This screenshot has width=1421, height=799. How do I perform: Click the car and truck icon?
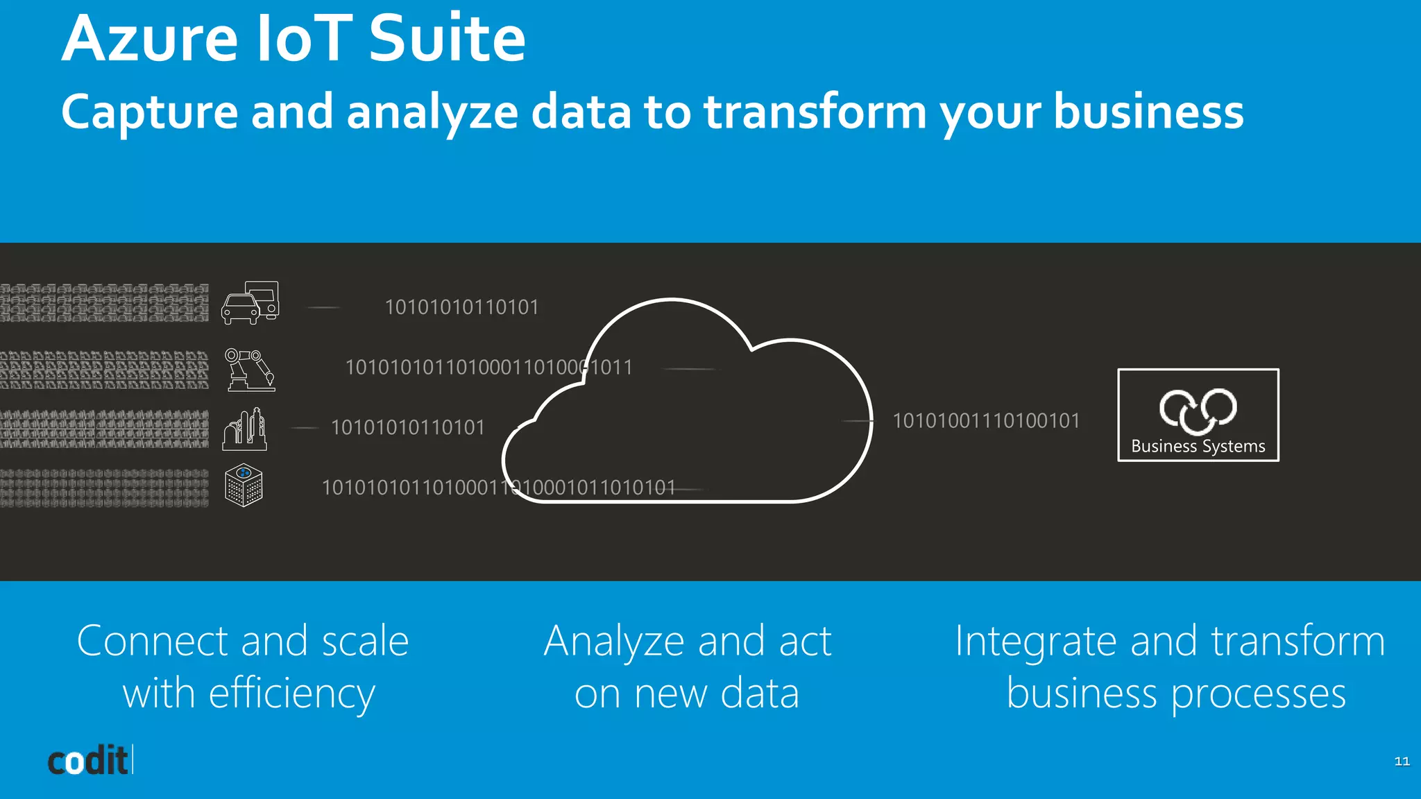(x=250, y=302)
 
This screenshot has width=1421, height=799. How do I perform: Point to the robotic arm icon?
(x=250, y=370)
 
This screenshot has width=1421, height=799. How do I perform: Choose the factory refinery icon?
(x=245, y=429)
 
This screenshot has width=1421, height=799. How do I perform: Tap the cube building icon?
(x=244, y=485)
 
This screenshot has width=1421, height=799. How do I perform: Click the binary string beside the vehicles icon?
(x=461, y=307)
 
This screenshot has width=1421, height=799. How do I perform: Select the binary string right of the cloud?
(x=986, y=421)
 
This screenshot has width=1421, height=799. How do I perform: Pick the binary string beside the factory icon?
(x=408, y=427)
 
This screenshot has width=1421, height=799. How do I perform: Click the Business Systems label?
(x=1198, y=446)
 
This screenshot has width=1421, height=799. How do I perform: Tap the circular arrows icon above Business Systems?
(x=1198, y=410)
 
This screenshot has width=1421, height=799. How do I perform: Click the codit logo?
(x=89, y=761)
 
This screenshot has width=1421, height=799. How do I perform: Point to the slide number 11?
(x=1402, y=762)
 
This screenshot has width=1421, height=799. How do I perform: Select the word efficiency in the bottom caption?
(x=291, y=694)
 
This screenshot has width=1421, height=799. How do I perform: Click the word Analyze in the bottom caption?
(x=614, y=642)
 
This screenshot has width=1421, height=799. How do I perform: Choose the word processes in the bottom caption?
(x=1259, y=694)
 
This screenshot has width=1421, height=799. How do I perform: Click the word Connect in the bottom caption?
(x=152, y=641)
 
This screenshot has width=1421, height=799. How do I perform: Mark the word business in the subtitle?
(x=1148, y=112)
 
